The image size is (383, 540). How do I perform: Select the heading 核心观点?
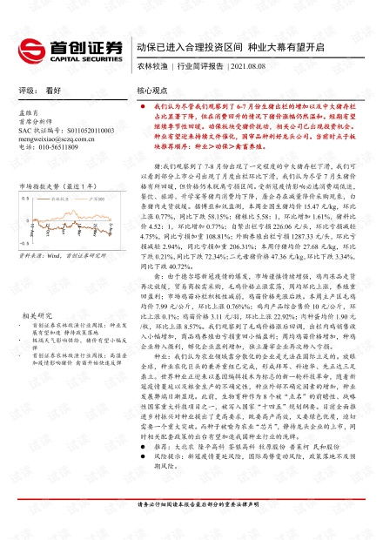pos(151,90)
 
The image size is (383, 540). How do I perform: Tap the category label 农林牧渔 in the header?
pos(151,65)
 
